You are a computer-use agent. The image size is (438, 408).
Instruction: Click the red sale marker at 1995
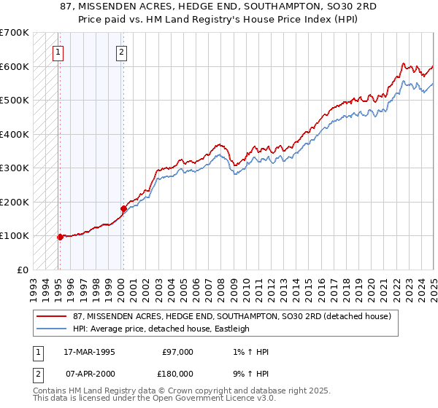60,237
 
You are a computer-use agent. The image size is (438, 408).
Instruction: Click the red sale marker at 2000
123,209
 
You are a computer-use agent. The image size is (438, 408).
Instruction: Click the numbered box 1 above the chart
58,52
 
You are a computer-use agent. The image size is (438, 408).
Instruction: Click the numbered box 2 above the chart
121,52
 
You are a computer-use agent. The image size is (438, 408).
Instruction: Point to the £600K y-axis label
15,66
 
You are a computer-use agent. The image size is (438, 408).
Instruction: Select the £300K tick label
15,168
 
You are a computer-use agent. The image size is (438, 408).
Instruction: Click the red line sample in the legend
53,316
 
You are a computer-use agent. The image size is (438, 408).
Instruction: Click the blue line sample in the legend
53,329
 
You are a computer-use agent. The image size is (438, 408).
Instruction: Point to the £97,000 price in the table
177,352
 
